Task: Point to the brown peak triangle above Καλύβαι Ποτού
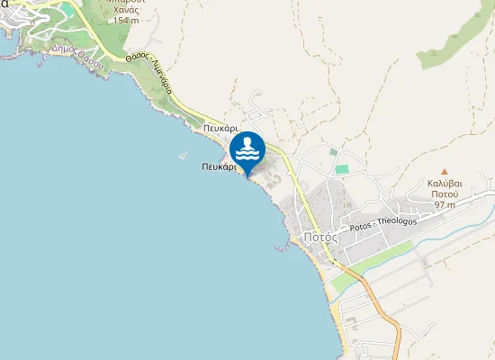pyautogui.click(x=444, y=171)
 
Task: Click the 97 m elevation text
pyautogui.click(x=445, y=204)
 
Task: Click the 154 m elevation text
pyautogui.click(x=127, y=20)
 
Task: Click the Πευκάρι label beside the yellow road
pyautogui.click(x=220, y=129)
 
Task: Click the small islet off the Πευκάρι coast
pyautogui.click(x=184, y=154)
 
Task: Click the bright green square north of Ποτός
pyautogui.click(x=342, y=168)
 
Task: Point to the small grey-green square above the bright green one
pyautogui.click(x=334, y=152)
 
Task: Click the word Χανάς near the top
pyautogui.click(x=127, y=9)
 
